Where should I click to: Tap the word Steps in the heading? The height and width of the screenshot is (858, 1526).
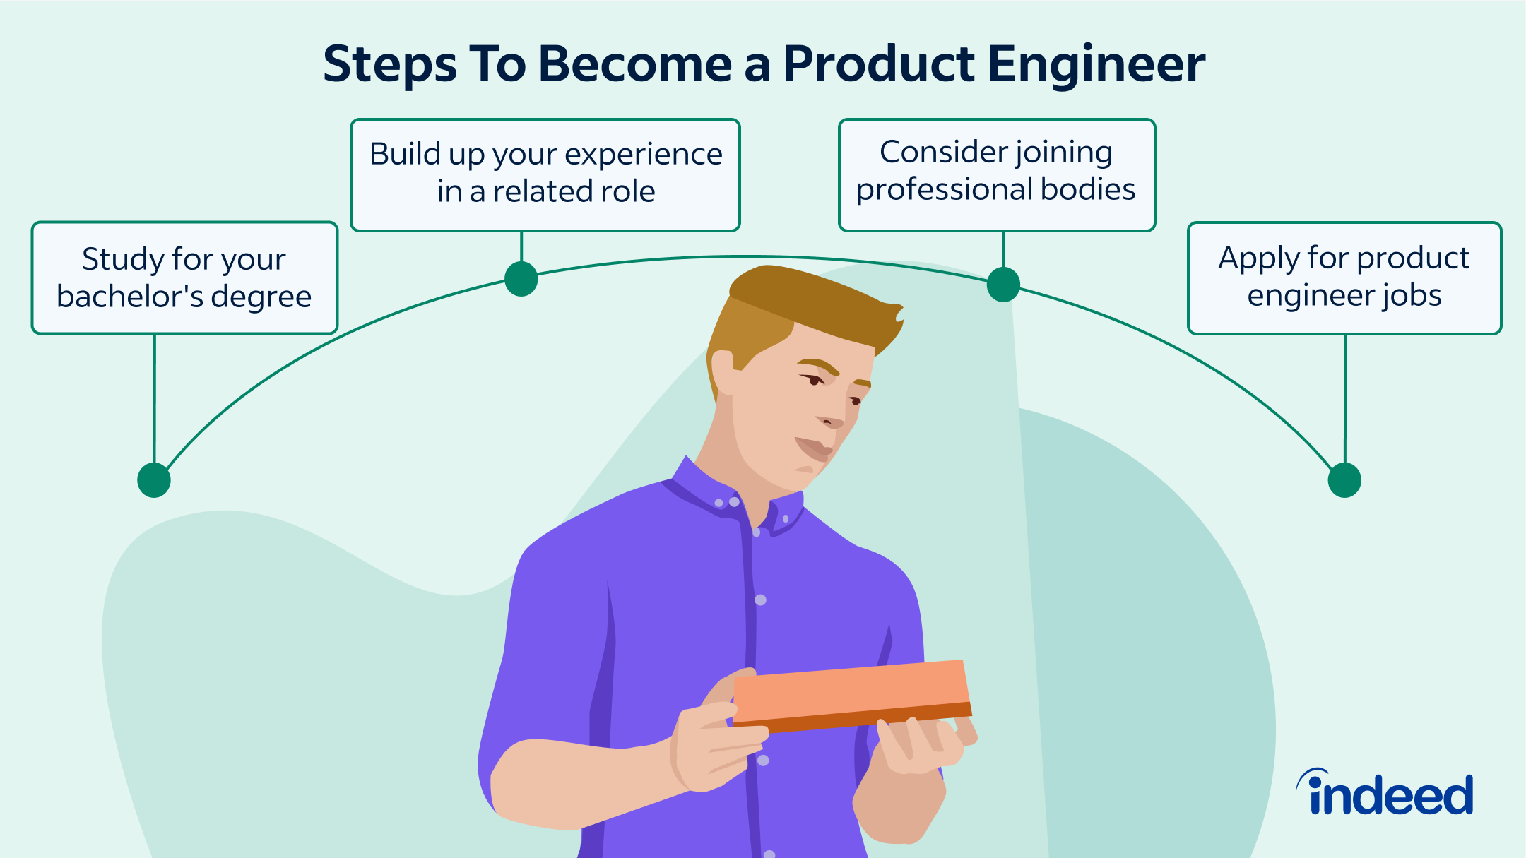pos(390,65)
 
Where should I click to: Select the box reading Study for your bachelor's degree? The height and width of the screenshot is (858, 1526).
pos(184,278)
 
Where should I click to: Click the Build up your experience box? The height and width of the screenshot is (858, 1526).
pos(545,174)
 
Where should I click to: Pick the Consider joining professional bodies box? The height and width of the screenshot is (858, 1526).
pos(996,174)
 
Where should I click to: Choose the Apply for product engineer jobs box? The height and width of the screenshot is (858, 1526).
pos(1344,278)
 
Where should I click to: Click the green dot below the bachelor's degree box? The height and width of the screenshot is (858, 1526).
pos(154,480)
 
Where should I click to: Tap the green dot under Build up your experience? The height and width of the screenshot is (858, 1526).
pos(521,278)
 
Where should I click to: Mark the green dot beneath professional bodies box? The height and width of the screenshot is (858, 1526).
pos(1002,285)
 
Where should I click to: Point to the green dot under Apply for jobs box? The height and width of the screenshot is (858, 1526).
pos(1344,480)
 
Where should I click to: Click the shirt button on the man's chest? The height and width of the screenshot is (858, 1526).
pos(760,600)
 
